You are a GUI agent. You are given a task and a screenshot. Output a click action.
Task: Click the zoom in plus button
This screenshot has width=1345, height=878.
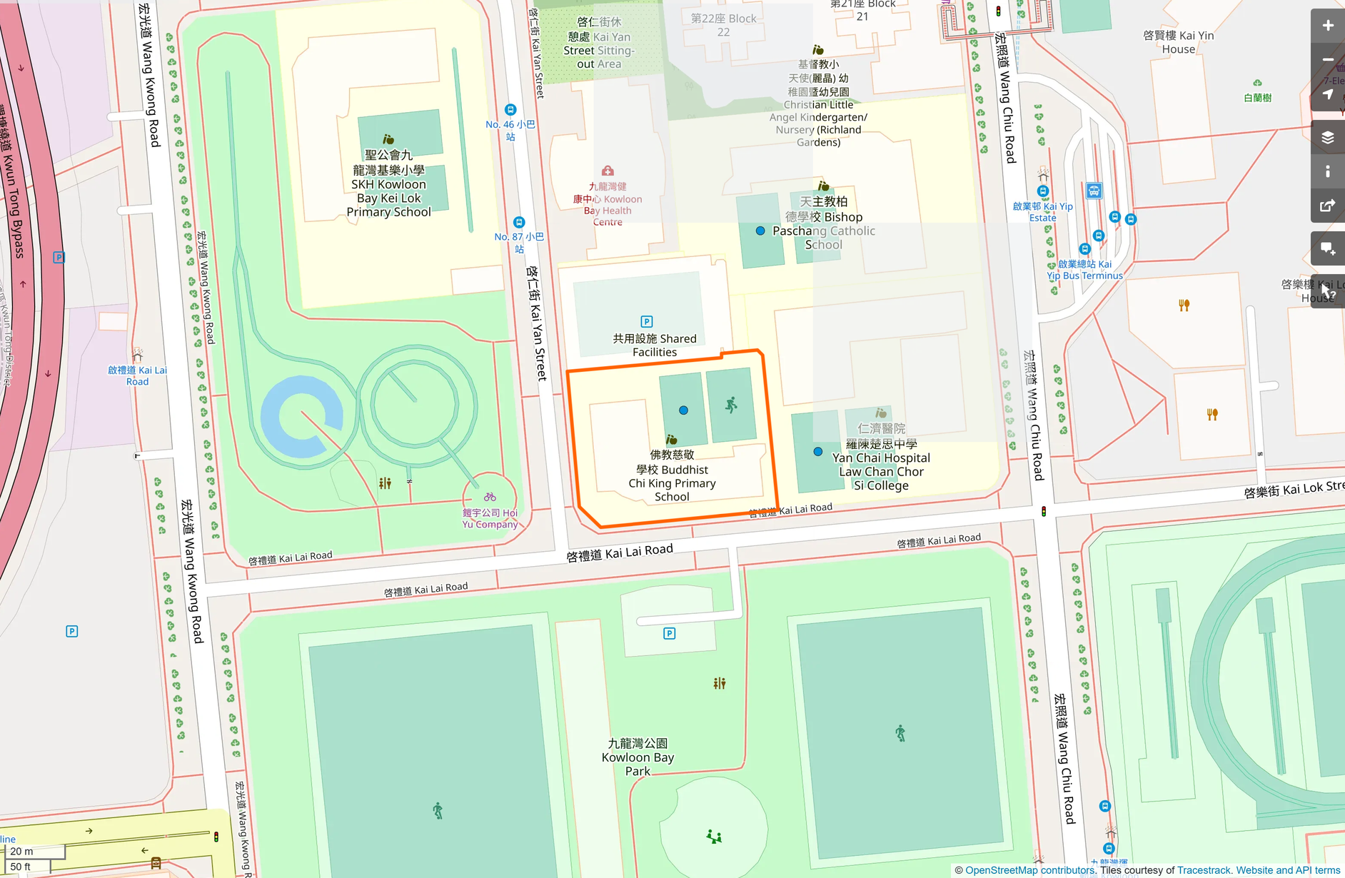(1327, 26)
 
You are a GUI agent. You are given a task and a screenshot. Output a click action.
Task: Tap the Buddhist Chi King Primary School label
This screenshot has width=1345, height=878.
(672, 476)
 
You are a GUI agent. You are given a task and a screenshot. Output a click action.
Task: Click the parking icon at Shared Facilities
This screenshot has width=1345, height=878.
(647, 322)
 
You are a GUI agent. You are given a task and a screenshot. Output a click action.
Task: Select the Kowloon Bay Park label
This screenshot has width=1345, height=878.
(638, 757)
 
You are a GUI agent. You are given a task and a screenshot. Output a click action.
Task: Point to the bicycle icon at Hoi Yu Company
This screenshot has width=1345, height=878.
(490, 497)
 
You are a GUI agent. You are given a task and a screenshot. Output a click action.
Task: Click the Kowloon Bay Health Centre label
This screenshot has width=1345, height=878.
(608, 204)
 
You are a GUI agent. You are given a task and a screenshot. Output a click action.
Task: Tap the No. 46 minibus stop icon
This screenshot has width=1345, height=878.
(510, 110)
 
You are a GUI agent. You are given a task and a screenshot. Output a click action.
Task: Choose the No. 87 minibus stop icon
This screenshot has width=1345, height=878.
(519, 223)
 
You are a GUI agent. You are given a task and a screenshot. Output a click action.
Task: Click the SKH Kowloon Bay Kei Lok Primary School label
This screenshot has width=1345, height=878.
(388, 183)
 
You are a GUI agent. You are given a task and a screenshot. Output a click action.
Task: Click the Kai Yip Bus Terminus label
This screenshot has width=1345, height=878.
(1084, 270)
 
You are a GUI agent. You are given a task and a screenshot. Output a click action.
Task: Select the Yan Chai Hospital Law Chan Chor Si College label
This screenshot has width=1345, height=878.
(881, 465)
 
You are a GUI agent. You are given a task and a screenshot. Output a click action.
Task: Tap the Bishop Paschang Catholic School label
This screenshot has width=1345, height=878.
(824, 223)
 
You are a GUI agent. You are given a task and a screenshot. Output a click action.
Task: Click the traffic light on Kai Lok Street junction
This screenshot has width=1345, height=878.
(1044, 511)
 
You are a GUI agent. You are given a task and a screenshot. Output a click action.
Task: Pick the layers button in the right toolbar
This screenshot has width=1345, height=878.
(1327, 137)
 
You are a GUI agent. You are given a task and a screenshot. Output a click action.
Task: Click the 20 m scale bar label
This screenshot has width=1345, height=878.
(21, 852)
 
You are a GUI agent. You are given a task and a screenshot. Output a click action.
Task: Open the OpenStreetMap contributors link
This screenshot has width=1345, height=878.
(1029, 870)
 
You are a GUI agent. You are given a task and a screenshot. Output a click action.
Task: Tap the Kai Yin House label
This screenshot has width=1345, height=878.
(1178, 42)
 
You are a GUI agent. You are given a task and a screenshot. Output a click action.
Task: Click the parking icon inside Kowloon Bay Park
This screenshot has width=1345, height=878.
(669, 633)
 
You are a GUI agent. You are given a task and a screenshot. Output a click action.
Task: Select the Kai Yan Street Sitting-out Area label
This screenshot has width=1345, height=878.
(599, 44)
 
